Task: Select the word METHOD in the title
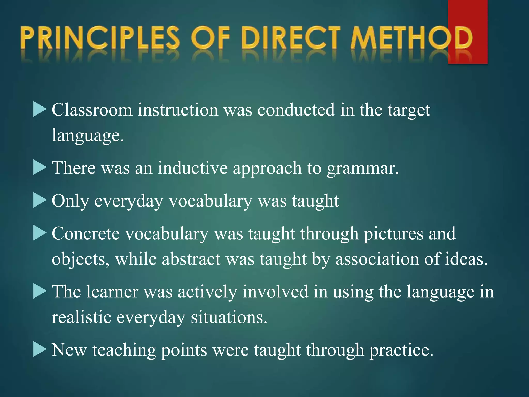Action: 411,38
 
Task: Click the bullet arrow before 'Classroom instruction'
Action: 40,110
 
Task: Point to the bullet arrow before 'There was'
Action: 40,168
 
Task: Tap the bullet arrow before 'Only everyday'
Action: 40,201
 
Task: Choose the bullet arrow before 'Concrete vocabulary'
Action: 40,234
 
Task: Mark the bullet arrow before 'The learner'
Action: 40,292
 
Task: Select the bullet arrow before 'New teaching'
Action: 40,350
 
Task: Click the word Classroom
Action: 92,110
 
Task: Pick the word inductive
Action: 193,168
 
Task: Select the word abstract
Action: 191,259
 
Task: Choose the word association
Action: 377,259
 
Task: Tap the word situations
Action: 229,317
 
